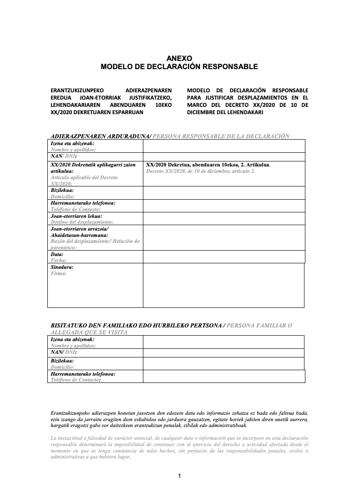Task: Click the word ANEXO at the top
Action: [x=179, y=58]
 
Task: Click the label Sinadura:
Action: [x=62, y=267]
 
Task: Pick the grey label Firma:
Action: [x=59, y=273]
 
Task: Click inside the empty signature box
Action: [x=223, y=285]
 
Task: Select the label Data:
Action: [x=57, y=254]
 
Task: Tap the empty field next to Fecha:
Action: [x=223, y=257]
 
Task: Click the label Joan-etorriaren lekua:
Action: [x=76, y=216]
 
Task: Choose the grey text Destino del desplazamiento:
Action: [x=81, y=222]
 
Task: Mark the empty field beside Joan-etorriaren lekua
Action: [x=223, y=219]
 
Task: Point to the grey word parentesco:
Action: [x=63, y=247]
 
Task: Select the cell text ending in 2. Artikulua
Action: [x=208, y=165]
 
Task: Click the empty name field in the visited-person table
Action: [x=223, y=342]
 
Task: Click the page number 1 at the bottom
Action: [x=179, y=476]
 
